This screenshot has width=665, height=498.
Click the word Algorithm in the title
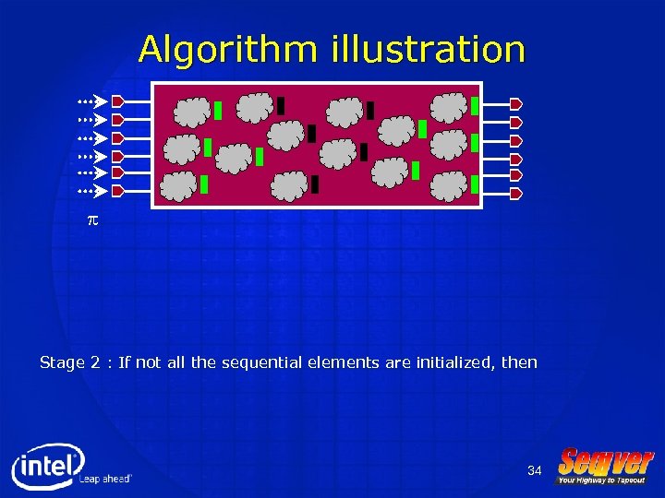[230, 49]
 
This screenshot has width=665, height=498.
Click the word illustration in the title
[427, 49]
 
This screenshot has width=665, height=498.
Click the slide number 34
[534, 471]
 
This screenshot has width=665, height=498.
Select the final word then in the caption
[519, 362]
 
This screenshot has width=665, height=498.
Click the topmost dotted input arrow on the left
[91, 101]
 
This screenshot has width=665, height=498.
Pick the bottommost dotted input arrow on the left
[91, 191]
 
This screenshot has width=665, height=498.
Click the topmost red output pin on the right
[516, 103]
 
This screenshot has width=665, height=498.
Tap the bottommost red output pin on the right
[516, 194]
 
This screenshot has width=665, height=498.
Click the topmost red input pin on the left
[117, 101]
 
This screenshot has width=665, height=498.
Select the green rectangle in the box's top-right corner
[474, 105]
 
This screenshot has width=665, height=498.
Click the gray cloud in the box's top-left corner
[193, 111]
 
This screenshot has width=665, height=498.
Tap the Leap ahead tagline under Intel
[105, 479]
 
